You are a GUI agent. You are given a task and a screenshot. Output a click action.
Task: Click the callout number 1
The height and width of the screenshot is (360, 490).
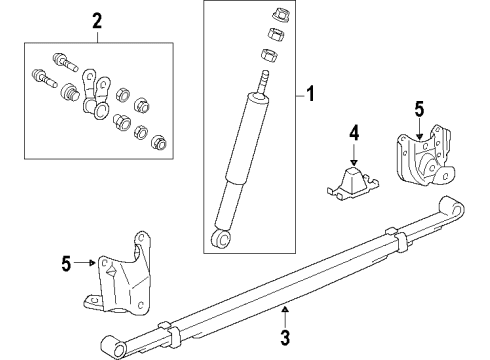tap(311, 97)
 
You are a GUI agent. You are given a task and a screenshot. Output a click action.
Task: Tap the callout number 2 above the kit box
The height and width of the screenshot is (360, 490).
tap(97, 19)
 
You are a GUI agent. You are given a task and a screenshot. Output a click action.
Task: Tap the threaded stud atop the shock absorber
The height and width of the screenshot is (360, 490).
tap(265, 77)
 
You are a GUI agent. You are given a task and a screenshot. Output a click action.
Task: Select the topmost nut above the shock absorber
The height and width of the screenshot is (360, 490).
tap(270, 14)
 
